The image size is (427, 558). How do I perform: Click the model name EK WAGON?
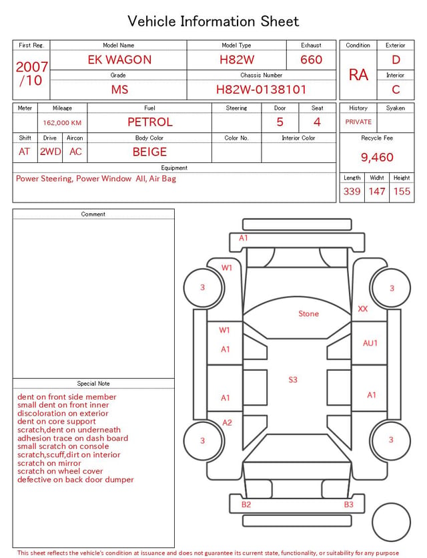pos(119,59)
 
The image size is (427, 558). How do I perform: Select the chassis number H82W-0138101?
pos(261,90)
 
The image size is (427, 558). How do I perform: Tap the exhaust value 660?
pos(311,59)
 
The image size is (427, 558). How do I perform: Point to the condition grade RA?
pos(358,75)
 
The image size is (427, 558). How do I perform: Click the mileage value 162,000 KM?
pos(62,123)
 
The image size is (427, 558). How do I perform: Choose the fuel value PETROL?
pos(150,122)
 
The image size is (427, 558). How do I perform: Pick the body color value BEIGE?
pos(149,152)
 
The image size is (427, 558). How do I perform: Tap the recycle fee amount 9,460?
pos(377,157)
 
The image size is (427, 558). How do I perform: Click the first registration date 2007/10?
pos(31,74)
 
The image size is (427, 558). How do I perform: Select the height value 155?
pos(402,191)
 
